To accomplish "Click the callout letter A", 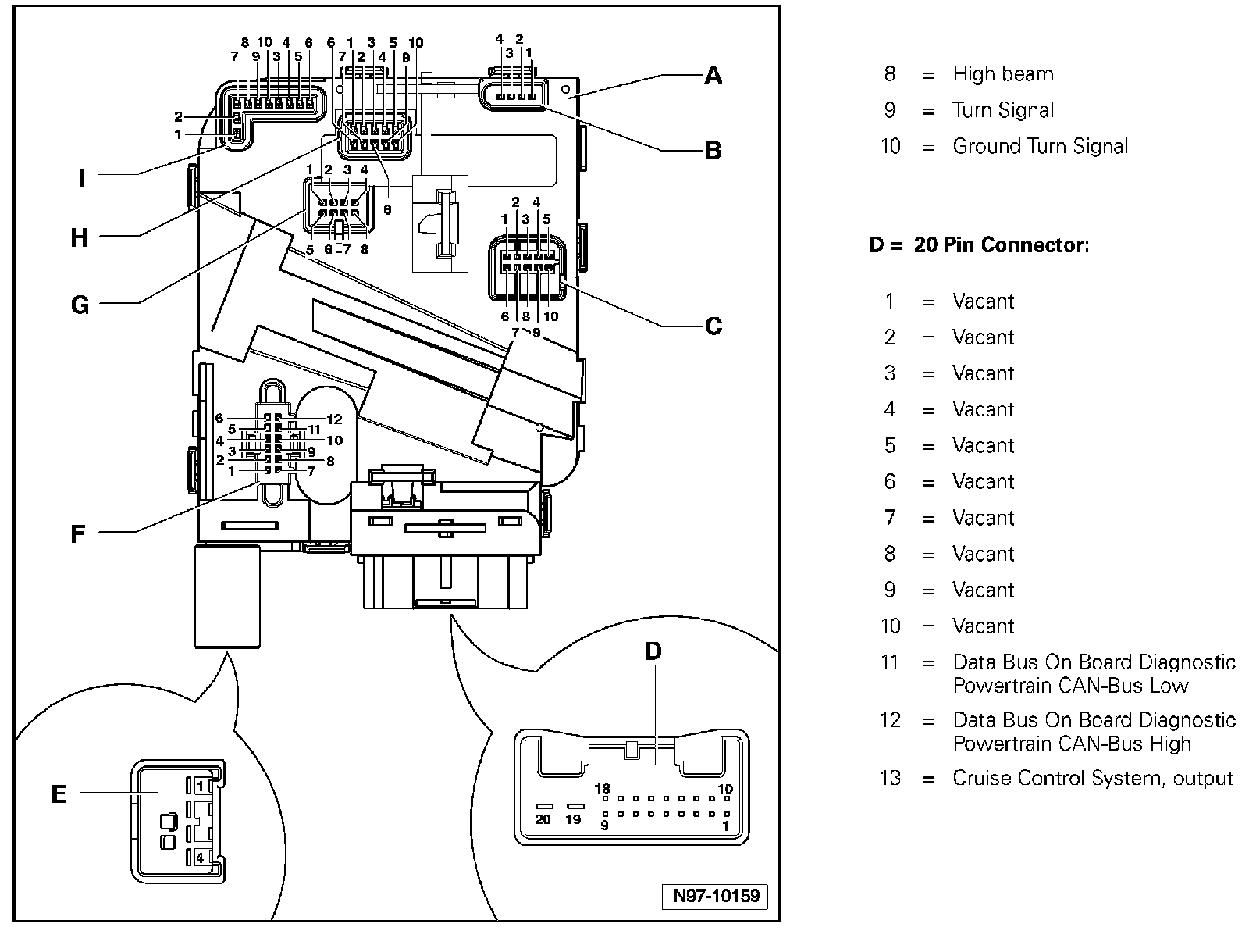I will pos(713,75).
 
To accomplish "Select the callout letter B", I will pos(713,150).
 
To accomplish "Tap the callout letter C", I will pos(713,326).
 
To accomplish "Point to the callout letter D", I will pos(653,651).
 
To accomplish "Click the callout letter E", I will pos(59,794).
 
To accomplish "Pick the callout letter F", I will pos(77,534).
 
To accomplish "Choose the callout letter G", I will pos(80,305).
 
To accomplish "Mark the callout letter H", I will pos(79,237).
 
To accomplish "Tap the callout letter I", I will pos(81,179).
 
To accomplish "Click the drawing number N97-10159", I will pos(716,895).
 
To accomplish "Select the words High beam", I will pos(1003,74).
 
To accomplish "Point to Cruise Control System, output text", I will pos(1093,778).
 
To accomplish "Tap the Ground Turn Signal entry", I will pos(1041,146).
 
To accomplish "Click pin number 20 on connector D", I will pos(543,819).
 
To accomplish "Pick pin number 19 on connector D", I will pos(574,819).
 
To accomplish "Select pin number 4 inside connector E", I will pos(201,858).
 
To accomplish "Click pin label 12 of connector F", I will pos(334,419).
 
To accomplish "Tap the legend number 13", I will pos(890,778).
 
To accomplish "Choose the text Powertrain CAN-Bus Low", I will pos(1070,686).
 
